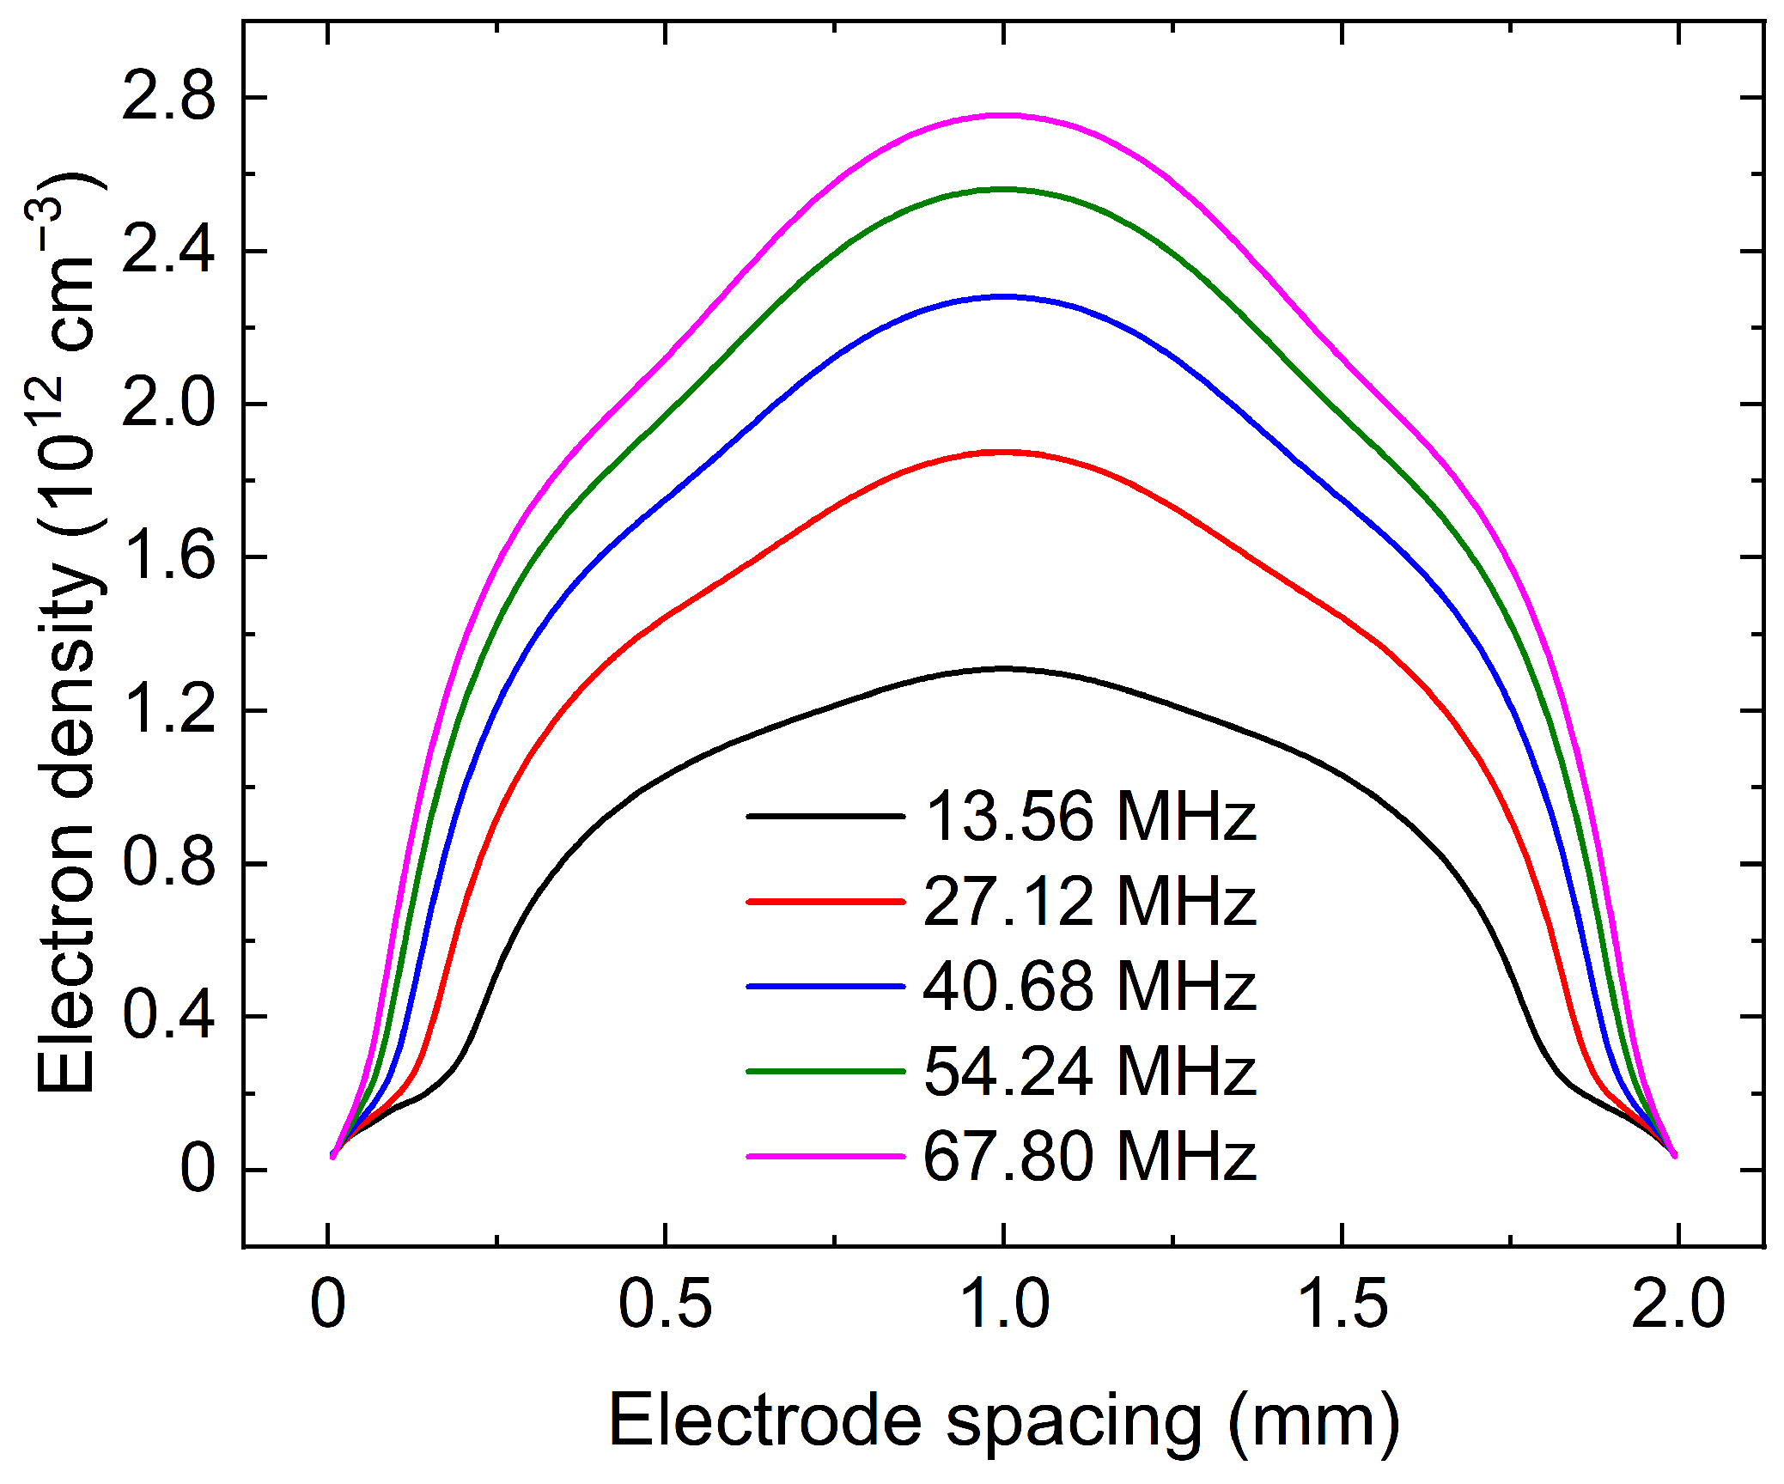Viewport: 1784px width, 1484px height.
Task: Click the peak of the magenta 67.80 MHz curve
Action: coord(1002,115)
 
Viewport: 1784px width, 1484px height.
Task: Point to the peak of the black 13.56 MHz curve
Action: coord(1002,668)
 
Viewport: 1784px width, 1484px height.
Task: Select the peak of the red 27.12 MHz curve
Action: coord(1002,452)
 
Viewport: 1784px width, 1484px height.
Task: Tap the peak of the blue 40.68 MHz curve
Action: coord(1002,296)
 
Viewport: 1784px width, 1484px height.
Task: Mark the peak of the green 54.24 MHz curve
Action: coord(1002,189)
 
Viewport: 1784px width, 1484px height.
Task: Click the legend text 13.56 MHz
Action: coord(1089,816)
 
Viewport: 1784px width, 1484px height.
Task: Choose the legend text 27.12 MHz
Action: coord(1089,902)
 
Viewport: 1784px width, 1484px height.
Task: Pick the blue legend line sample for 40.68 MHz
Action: coord(825,987)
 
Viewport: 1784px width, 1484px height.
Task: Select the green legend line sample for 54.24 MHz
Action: coord(825,1072)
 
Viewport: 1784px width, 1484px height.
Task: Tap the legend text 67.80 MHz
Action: coord(1089,1157)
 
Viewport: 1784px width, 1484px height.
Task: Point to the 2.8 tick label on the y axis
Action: coord(168,97)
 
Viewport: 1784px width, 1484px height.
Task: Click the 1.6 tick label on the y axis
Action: coord(168,556)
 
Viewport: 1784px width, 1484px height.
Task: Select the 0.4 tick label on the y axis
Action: coord(168,1016)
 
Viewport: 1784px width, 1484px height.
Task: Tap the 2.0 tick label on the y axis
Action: coord(168,404)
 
